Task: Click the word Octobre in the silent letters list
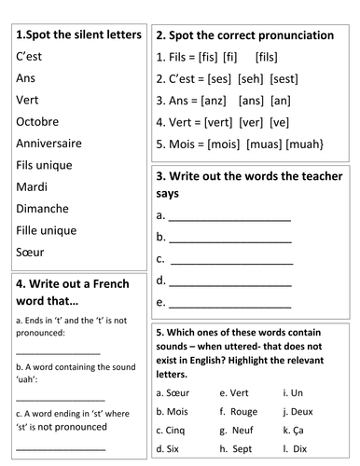click(36, 121)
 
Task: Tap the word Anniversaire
click(48, 143)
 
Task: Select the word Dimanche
click(40, 208)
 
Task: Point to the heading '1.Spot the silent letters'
click(79, 34)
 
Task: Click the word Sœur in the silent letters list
click(31, 252)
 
